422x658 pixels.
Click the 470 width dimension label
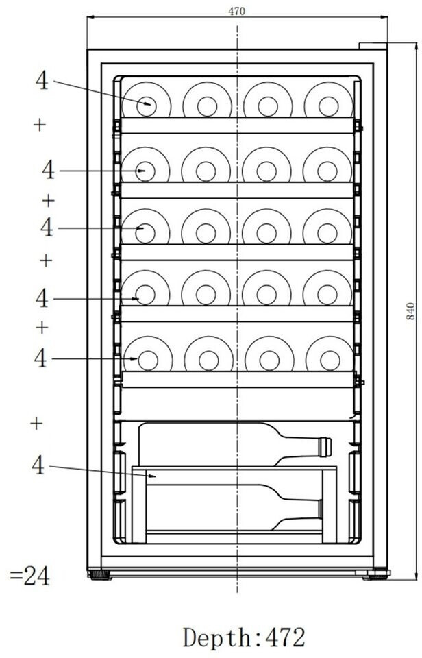click(236, 12)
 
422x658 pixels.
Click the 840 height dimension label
click(410, 311)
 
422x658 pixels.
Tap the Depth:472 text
click(244, 637)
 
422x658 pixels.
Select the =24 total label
click(29, 576)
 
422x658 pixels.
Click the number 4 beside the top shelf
click(42, 80)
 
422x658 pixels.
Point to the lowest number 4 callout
click(38, 465)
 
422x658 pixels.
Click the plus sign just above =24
click(36, 424)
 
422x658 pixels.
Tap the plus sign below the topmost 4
click(40, 125)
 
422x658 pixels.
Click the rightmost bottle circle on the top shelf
click(328, 101)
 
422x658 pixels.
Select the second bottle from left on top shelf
click(207, 101)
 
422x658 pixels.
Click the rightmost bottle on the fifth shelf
click(330, 354)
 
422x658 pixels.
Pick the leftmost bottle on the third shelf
click(145, 228)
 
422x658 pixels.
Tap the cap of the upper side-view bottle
click(325, 447)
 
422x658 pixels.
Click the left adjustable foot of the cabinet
click(100, 574)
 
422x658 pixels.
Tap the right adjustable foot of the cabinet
click(376, 574)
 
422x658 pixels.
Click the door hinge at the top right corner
click(373, 46)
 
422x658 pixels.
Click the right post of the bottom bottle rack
click(330, 506)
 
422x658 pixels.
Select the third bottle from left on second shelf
click(266, 165)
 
